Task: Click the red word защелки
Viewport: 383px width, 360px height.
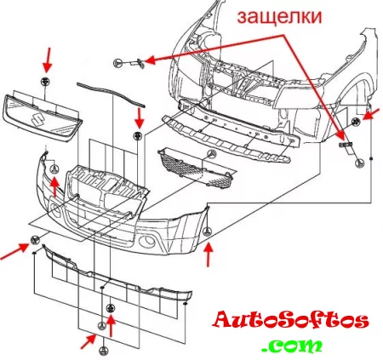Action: pyautogui.click(x=280, y=18)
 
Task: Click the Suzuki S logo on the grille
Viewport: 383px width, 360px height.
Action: pyautogui.click(x=37, y=119)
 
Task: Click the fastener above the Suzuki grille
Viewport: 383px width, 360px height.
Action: pyautogui.click(x=45, y=81)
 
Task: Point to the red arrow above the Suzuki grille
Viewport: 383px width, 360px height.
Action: pyautogui.click(x=48, y=60)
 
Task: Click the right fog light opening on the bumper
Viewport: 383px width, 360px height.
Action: pyautogui.click(x=146, y=242)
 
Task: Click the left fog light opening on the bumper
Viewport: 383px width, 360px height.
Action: pyautogui.click(x=55, y=211)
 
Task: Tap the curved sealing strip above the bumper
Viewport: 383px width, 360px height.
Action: pyautogui.click(x=111, y=94)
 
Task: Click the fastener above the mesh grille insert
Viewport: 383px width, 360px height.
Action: pyautogui.click(x=212, y=154)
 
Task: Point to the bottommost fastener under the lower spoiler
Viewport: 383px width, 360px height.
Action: pyautogui.click(x=104, y=351)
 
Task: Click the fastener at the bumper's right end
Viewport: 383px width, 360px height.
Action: pyautogui.click(x=208, y=231)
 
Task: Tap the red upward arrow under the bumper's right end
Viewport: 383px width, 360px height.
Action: pyautogui.click(x=209, y=254)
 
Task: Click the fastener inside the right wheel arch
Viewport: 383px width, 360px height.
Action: pyautogui.click(x=355, y=123)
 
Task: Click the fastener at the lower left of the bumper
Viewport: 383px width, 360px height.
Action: pyautogui.click(x=34, y=240)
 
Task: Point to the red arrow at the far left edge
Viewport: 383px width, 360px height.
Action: pyautogui.click(x=14, y=251)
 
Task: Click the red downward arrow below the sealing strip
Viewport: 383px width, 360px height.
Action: pyautogui.click(x=139, y=117)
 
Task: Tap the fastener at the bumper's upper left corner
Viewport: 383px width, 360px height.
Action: pyautogui.click(x=54, y=169)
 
